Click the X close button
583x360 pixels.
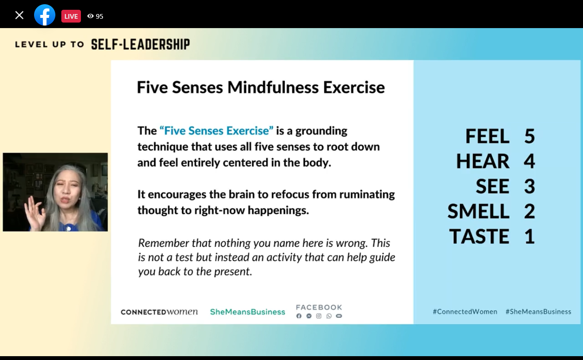[19, 15]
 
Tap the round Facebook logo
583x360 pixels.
[45, 15]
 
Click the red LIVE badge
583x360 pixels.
[71, 16]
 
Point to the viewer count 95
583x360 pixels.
[99, 17]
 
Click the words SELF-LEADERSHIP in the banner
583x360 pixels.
[141, 44]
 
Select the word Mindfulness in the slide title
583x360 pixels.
[273, 87]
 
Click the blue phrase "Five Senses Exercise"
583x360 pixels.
[216, 131]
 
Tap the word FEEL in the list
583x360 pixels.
[487, 136]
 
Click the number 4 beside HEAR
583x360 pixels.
[529, 161]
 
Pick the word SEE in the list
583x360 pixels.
[492, 186]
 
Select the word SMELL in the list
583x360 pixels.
[478, 211]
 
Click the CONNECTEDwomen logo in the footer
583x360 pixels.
[159, 311]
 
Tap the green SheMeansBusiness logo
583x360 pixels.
[247, 312]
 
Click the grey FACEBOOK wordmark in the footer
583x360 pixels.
[319, 308]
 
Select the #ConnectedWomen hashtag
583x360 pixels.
[465, 311]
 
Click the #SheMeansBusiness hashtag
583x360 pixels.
[538, 311]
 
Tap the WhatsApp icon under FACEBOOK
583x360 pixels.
[329, 316]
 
